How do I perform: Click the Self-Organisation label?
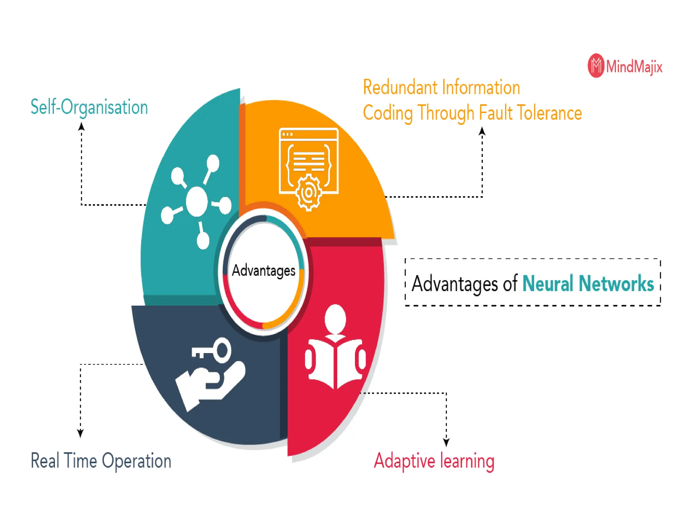89,107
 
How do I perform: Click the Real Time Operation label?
101,461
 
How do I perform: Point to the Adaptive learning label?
434,461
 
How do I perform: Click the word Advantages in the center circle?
263,271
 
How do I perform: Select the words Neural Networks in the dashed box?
588,283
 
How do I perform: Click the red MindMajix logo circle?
596,66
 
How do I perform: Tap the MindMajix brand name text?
634,66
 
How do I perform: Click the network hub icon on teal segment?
197,202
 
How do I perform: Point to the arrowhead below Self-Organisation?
81,126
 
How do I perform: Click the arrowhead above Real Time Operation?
80,433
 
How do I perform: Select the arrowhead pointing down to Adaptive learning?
446,442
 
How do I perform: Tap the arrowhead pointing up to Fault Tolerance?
482,131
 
